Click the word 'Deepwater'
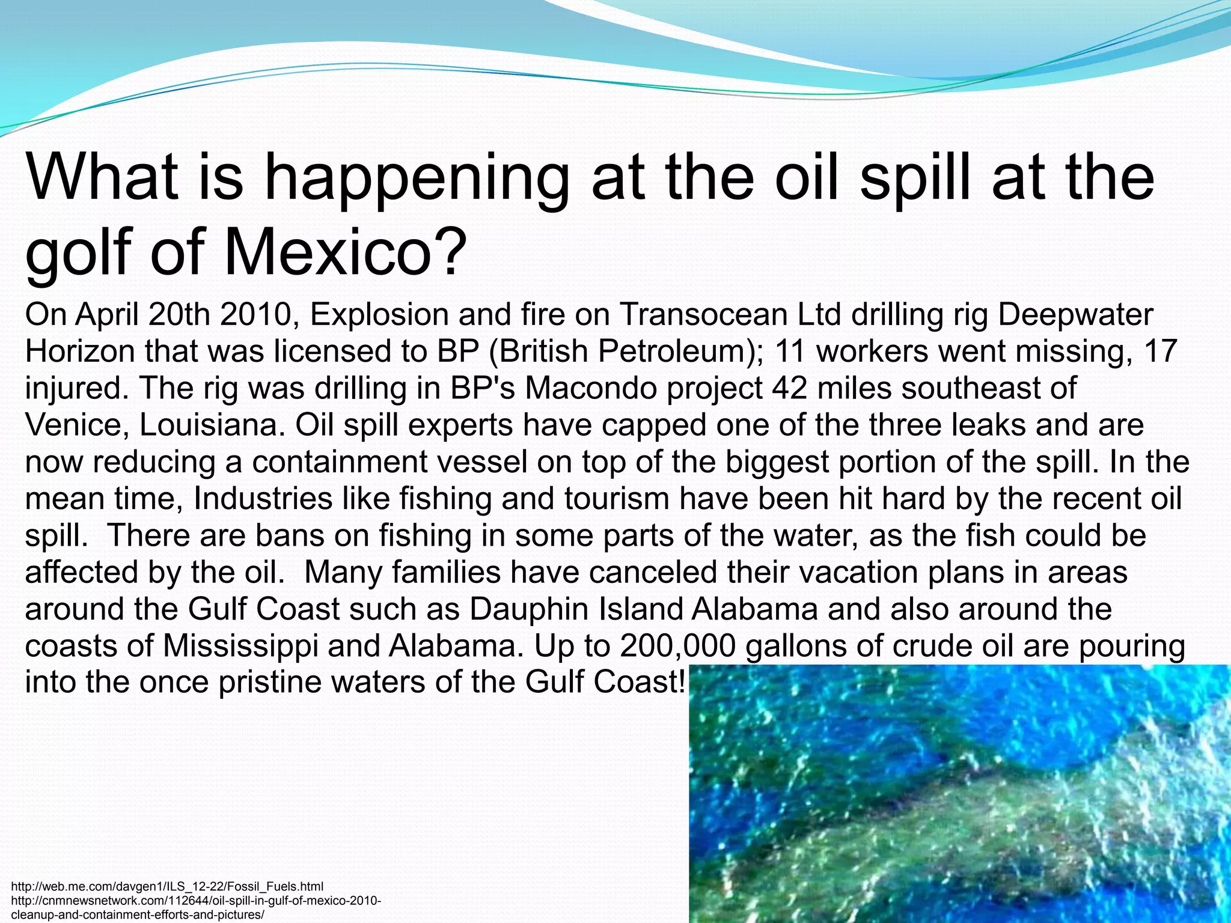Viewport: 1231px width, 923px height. pyautogui.click(x=1075, y=314)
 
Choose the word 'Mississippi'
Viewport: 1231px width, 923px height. pyautogui.click(x=240, y=646)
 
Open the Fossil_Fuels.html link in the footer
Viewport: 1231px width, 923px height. pyautogui.click(x=168, y=886)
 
